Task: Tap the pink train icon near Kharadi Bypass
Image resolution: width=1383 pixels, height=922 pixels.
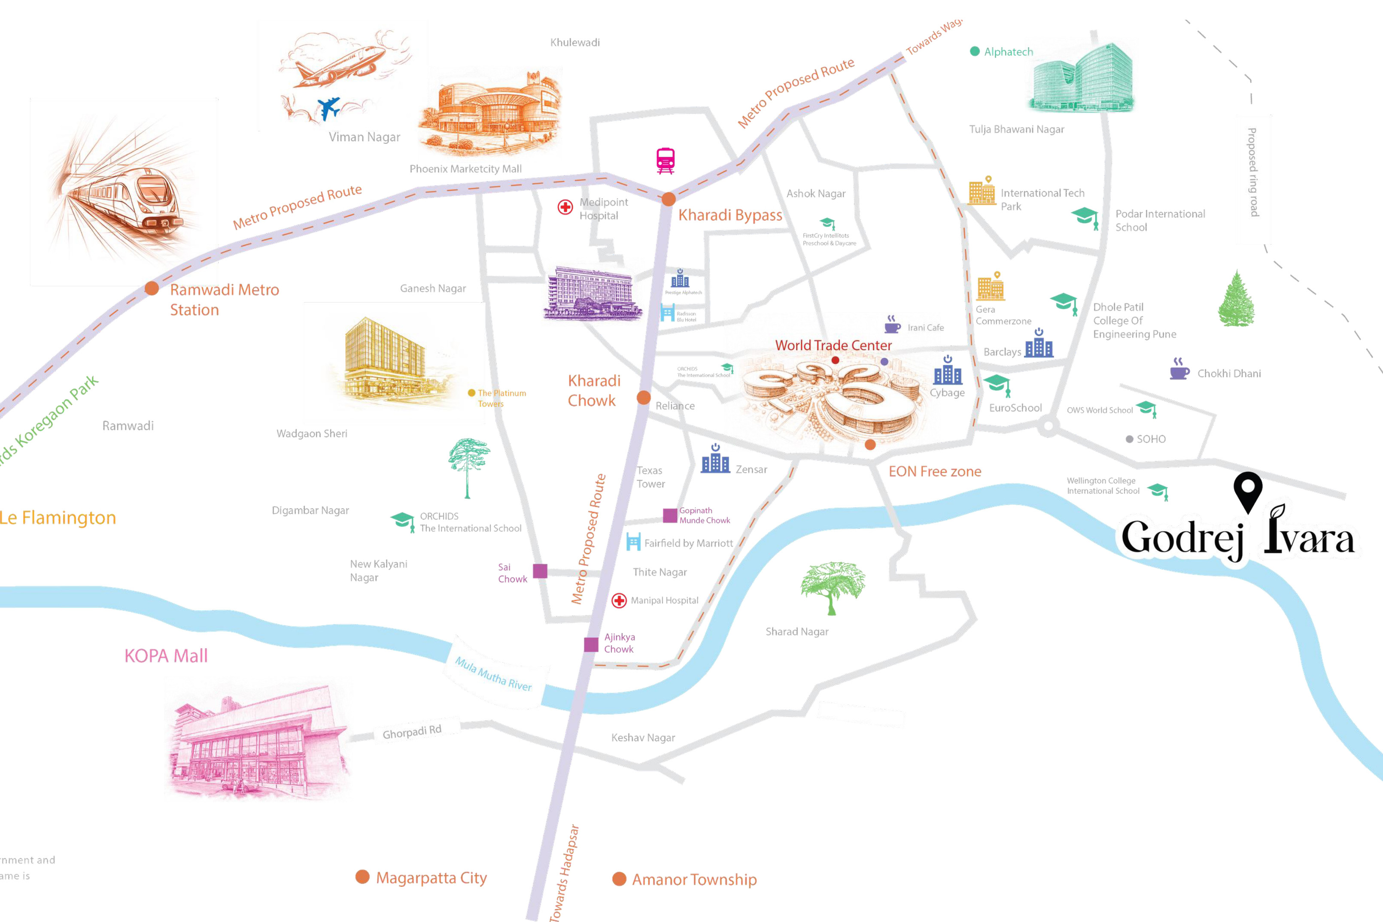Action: click(665, 161)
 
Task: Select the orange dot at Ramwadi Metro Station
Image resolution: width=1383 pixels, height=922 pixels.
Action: click(152, 288)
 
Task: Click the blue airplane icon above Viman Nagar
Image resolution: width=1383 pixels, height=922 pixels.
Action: click(329, 108)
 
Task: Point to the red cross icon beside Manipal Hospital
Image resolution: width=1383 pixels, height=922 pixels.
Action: click(619, 601)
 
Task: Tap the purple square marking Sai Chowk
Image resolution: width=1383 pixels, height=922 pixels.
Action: click(540, 571)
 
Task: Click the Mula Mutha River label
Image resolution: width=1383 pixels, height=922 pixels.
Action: click(493, 674)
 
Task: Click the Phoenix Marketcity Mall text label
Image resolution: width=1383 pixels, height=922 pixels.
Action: click(465, 169)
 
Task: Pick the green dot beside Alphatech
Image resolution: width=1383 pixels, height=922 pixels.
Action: click(974, 51)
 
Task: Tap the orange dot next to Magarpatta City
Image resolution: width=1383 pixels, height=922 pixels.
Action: click(362, 877)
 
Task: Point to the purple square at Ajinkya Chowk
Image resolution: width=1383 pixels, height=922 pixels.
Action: click(591, 644)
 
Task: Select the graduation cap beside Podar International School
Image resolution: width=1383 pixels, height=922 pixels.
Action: click(1085, 217)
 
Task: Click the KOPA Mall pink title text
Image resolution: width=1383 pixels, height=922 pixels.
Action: click(166, 655)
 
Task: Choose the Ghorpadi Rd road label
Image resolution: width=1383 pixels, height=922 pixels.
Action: click(412, 732)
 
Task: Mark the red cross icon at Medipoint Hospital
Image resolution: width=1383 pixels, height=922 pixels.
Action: click(565, 207)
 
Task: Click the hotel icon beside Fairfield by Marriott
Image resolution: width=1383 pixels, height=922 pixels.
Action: click(633, 542)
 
